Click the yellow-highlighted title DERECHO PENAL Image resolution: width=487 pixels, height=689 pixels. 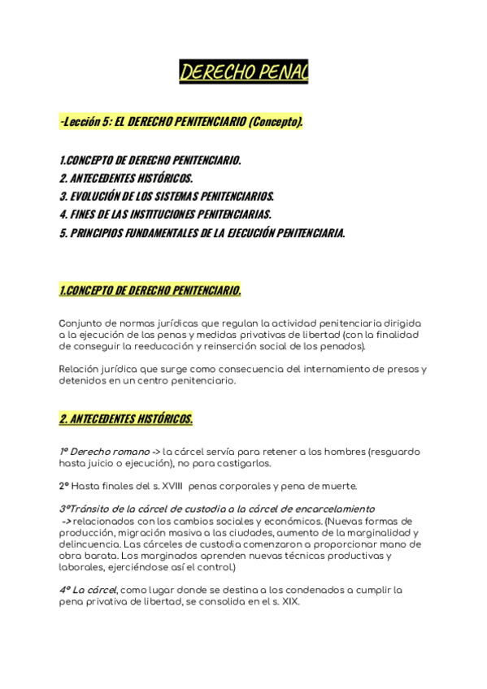pyautogui.click(x=243, y=74)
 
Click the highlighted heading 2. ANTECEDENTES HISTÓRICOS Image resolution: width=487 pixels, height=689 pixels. pyautogui.click(x=126, y=419)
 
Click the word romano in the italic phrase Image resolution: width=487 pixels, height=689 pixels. pyautogui.click(x=129, y=452)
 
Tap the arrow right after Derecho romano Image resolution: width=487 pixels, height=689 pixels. pyautogui.click(x=155, y=452)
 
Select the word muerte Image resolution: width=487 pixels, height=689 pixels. pyautogui.click(x=337, y=487)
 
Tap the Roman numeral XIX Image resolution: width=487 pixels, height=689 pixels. pyautogui.click(x=289, y=603)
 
